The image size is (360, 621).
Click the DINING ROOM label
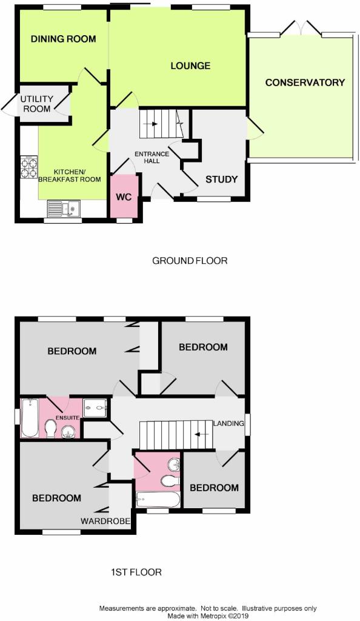click(x=63, y=39)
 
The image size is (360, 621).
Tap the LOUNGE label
click(x=190, y=65)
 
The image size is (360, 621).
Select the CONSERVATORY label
click(x=305, y=82)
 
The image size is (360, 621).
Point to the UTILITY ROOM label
click(x=37, y=104)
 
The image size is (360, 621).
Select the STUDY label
click(x=222, y=180)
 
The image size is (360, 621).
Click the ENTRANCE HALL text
click(x=152, y=157)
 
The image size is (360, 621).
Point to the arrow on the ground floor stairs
click(x=152, y=124)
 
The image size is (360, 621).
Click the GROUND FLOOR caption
click(x=190, y=261)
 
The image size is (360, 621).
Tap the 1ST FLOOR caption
click(x=136, y=572)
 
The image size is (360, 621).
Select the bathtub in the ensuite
click(x=30, y=418)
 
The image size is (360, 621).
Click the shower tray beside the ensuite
click(x=95, y=408)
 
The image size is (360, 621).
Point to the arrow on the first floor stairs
click(x=200, y=434)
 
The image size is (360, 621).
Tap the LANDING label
click(x=228, y=423)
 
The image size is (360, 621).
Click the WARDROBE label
click(x=105, y=521)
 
